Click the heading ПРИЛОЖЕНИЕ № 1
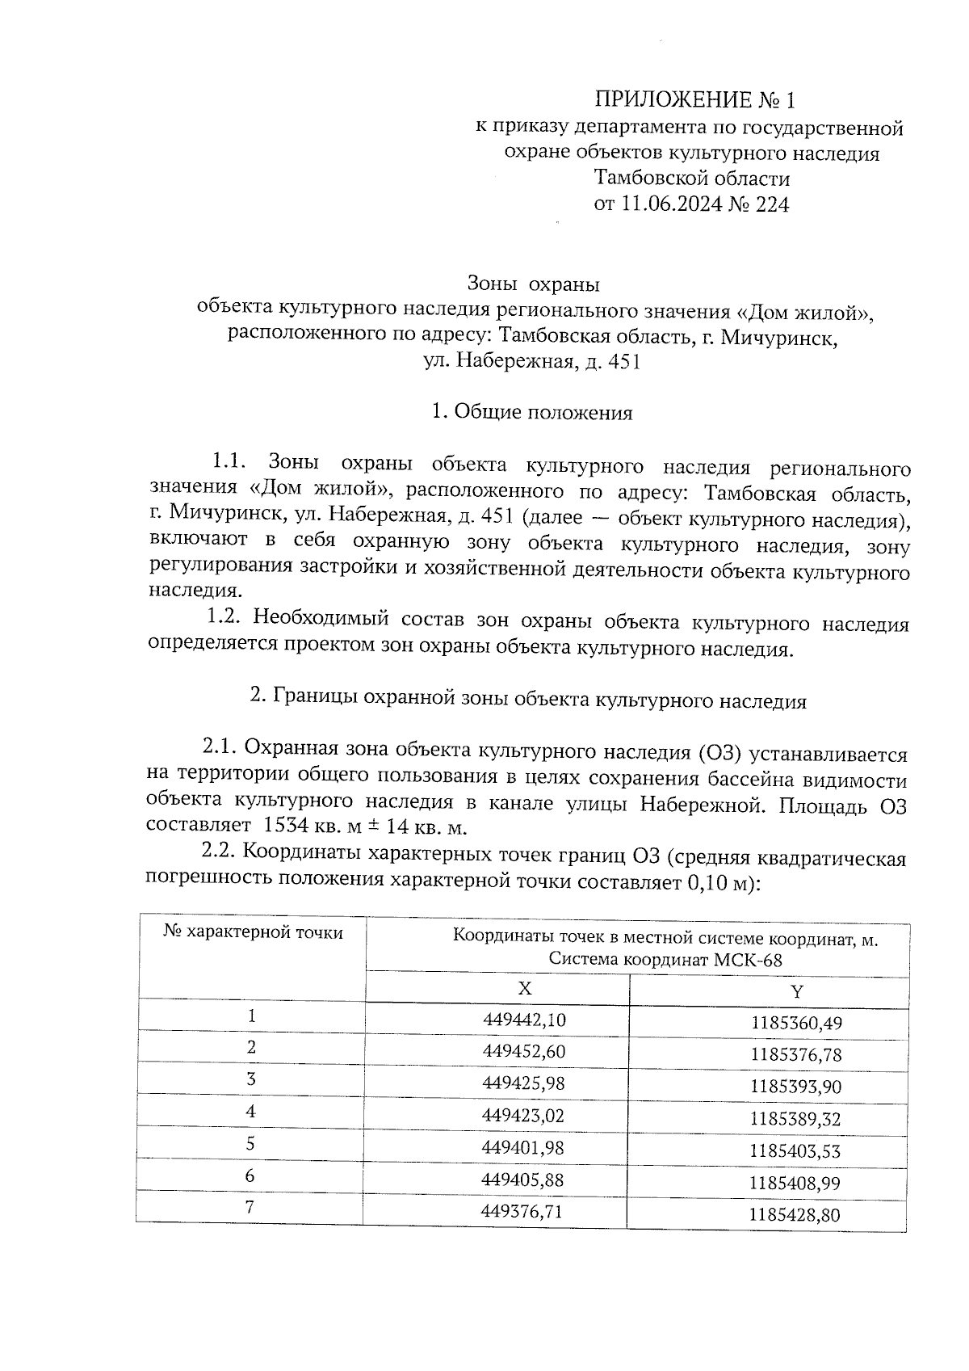694,100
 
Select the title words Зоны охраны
534,284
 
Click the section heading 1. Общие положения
532,413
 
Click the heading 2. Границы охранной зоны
528,700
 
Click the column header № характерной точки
253,933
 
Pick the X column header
524,989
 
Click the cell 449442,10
524,1020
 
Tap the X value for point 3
523,1083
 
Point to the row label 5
251,1143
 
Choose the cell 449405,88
522,1180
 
